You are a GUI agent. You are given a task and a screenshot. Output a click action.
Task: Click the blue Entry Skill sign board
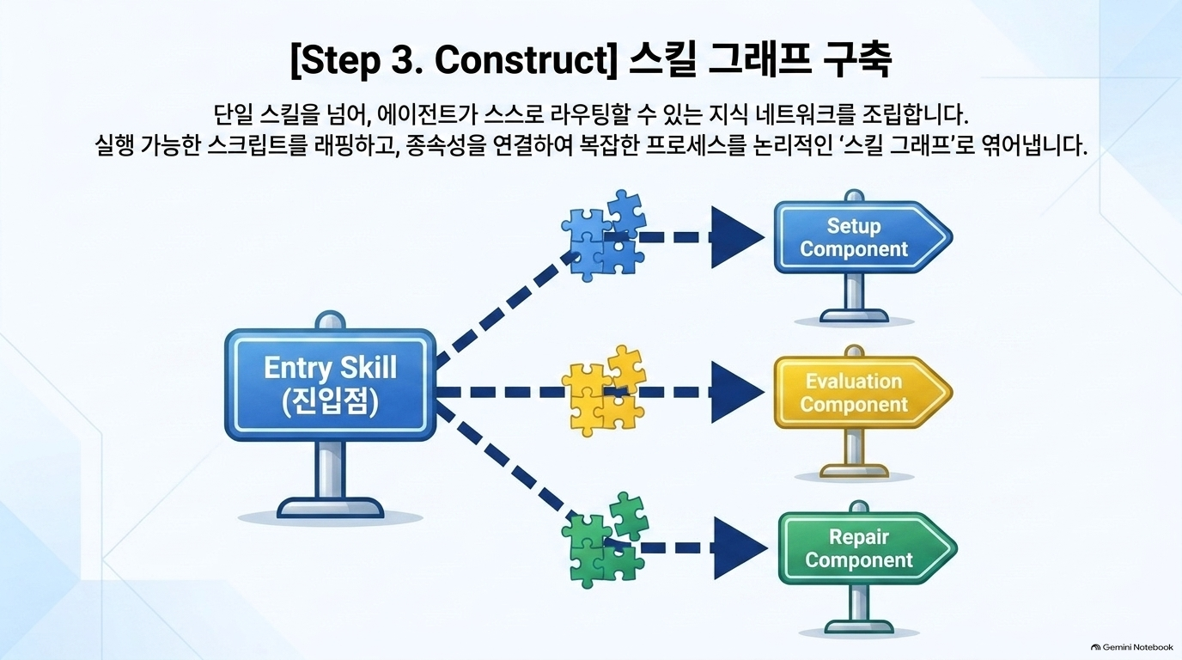(331, 385)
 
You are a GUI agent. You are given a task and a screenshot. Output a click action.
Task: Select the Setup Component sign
(862, 237)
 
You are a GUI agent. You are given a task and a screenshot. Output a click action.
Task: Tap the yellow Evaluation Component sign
(862, 392)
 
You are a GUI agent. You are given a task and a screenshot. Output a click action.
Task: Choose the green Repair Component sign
(867, 548)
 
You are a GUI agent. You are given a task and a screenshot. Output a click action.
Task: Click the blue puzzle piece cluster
(604, 235)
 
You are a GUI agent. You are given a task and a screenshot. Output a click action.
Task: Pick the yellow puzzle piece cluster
(604, 391)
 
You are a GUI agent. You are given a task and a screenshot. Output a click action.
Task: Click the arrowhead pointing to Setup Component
(737, 237)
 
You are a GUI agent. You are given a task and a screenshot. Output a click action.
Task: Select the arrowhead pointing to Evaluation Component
(737, 392)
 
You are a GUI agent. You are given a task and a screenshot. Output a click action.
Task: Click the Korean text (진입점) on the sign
(331, 402)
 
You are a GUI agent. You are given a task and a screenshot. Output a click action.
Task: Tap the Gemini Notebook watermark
(1132, 647)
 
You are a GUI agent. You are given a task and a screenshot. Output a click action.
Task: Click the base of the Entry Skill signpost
(331, 507)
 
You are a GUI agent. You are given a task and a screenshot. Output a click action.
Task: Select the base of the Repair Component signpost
(859, 626)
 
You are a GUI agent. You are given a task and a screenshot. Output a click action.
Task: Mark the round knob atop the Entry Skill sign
(331, 320)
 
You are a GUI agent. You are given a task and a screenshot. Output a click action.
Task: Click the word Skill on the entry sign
(368, 367)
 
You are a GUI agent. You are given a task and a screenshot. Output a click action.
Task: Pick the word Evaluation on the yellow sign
(854, 382)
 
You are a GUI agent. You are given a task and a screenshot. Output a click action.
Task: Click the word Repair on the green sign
(859, 537)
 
